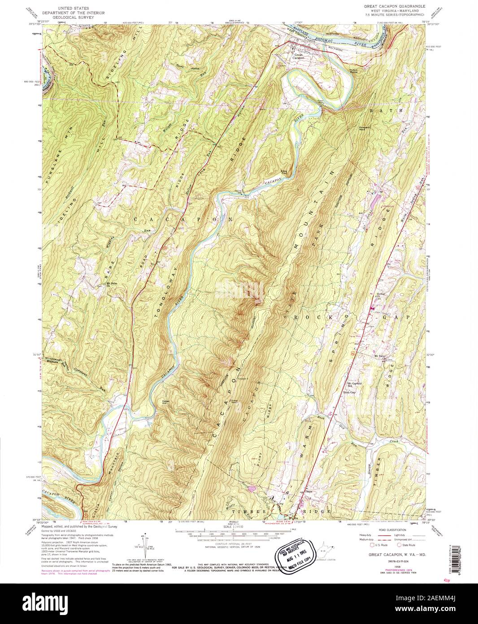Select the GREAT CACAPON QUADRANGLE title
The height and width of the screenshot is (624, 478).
coord(389,8)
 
